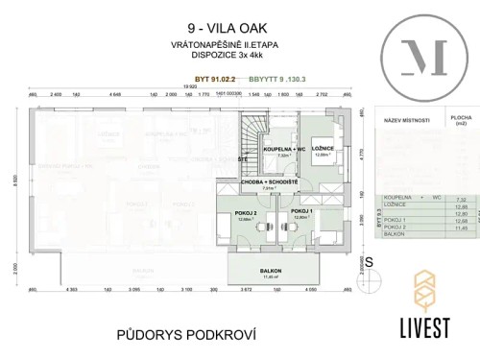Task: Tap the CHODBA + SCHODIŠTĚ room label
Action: [x=270, y=181]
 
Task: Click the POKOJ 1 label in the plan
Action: [x=303, y=211]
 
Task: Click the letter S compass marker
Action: [x=369, y=260]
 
